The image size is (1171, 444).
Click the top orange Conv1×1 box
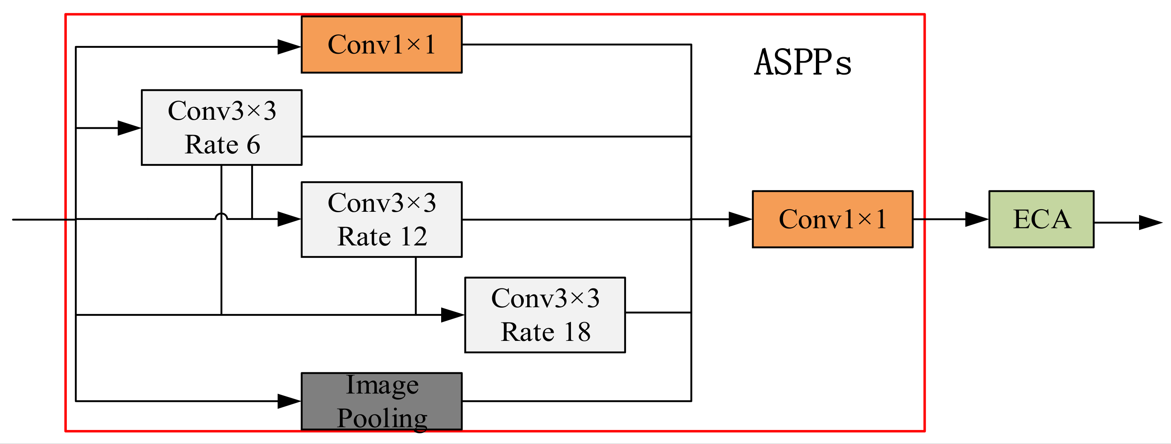click(x=382, y=45)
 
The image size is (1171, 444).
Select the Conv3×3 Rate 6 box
click(x=221, y=127)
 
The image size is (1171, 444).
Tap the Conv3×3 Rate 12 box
click(x=382, y=219)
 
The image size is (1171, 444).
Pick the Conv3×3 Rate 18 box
click(x=545, y=315)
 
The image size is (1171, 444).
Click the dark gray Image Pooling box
click(x=382, y=401)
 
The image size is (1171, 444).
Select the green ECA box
click(x=1041, y=219)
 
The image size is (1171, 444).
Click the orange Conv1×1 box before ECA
click(x=832, y=219)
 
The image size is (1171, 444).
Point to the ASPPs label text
click(x=803, y=63)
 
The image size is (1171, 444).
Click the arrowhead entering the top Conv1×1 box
click(x=289, y=47)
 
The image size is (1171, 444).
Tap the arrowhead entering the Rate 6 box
click(x=129, y=128)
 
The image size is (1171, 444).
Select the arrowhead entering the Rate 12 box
click(x=289, y=219)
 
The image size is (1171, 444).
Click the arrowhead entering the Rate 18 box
click(x=452, y=315)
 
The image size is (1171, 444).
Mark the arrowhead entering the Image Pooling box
click(x=289, y=401)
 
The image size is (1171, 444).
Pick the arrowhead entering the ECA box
click(x=976, y=219)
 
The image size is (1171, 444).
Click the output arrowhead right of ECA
click(x=1150, y=223)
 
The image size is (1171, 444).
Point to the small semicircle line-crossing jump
click(x=221, y=216)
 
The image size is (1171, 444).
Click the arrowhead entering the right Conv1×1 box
click(x=740, y=219)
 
